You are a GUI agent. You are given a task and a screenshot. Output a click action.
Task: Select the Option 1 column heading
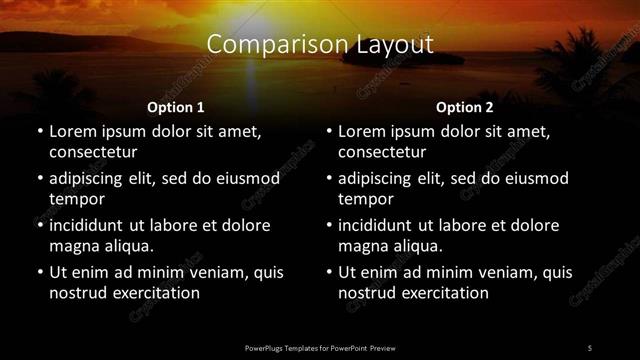176,106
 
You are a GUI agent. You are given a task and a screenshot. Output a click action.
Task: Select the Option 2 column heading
465,106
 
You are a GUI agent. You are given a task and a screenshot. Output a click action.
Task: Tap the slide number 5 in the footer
589,346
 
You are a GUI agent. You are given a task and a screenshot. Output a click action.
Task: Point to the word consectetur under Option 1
93,152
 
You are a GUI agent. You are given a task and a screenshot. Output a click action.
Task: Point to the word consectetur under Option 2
382,152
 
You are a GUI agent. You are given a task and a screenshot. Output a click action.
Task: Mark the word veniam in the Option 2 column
485,272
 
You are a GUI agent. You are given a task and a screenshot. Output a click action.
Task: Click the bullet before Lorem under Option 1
39,132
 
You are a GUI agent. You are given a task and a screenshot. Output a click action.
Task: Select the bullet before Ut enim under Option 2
328,272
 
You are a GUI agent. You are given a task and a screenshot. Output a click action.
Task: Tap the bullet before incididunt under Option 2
328,225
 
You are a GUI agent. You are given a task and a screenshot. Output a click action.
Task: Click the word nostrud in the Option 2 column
366,292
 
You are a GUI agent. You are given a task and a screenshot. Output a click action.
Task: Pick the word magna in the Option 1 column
73,245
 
